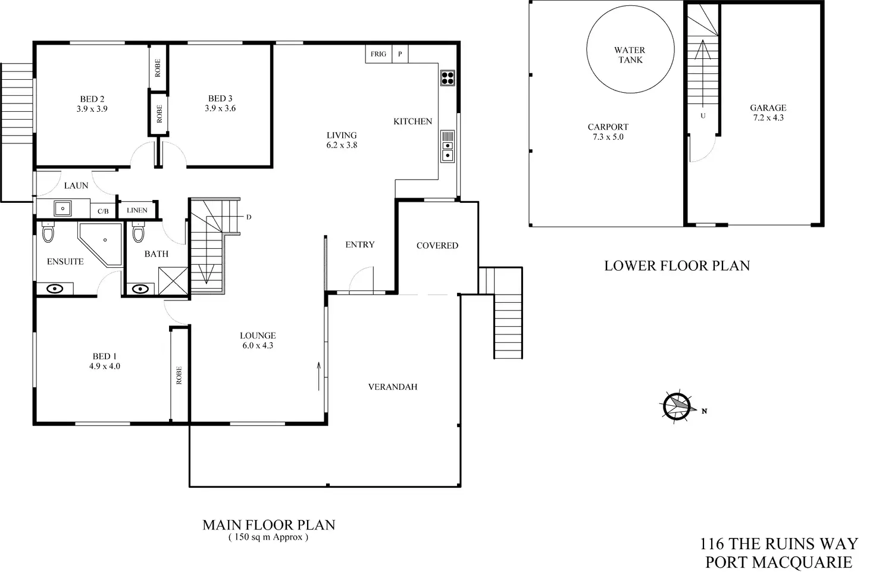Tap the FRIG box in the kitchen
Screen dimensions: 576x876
coord(378,54)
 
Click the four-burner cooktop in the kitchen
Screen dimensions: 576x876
coord(448,78)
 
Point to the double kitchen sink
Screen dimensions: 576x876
coord(448,150)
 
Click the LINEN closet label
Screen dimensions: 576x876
coord(137,210)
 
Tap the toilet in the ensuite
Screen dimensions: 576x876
coord(48,232)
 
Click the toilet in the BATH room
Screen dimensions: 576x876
coord(138,231)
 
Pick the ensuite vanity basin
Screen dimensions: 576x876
coord(55,289)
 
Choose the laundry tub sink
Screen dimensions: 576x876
coord(62,209)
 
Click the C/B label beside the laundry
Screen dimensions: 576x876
coord(103,211)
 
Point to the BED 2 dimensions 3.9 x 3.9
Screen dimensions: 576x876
coord(92,109)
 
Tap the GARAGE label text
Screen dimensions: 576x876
coord(768,108)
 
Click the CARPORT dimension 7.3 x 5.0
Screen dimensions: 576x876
coord(608,137)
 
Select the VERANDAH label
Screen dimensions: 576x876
coord(393,387)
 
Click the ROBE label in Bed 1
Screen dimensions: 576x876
coord(179,375)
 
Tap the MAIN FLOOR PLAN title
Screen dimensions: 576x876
coord(269,525)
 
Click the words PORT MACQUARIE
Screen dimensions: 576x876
coord(778,561)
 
